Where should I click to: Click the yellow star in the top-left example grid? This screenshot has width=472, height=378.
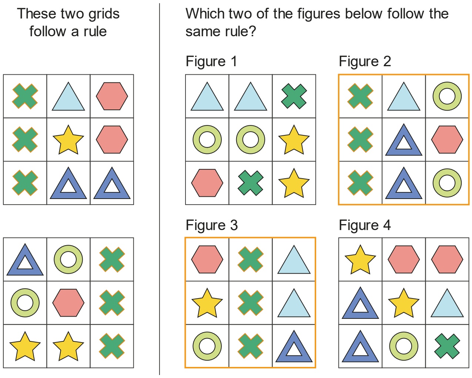[x=68, y=140]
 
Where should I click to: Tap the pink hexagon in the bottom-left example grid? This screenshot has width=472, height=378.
[x=68, y=303]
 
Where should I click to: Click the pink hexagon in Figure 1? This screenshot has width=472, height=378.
[x=207, y=183]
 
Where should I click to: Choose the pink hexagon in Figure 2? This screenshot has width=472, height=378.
[x=447, y=139]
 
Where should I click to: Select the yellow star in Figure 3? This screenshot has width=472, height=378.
[x=207, y=304]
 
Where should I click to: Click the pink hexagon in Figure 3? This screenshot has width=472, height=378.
[x=207, y=259]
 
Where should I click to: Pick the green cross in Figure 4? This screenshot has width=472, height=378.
[x=447, y=346]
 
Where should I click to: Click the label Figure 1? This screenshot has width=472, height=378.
[x=211, y=61]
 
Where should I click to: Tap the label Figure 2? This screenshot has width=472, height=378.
[x=365, y=61]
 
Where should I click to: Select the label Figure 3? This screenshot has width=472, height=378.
[x=212, y=225]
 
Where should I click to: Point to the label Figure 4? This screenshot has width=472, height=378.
[x=365, y=225]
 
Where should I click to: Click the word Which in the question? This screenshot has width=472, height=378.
[x=205, y=14]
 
